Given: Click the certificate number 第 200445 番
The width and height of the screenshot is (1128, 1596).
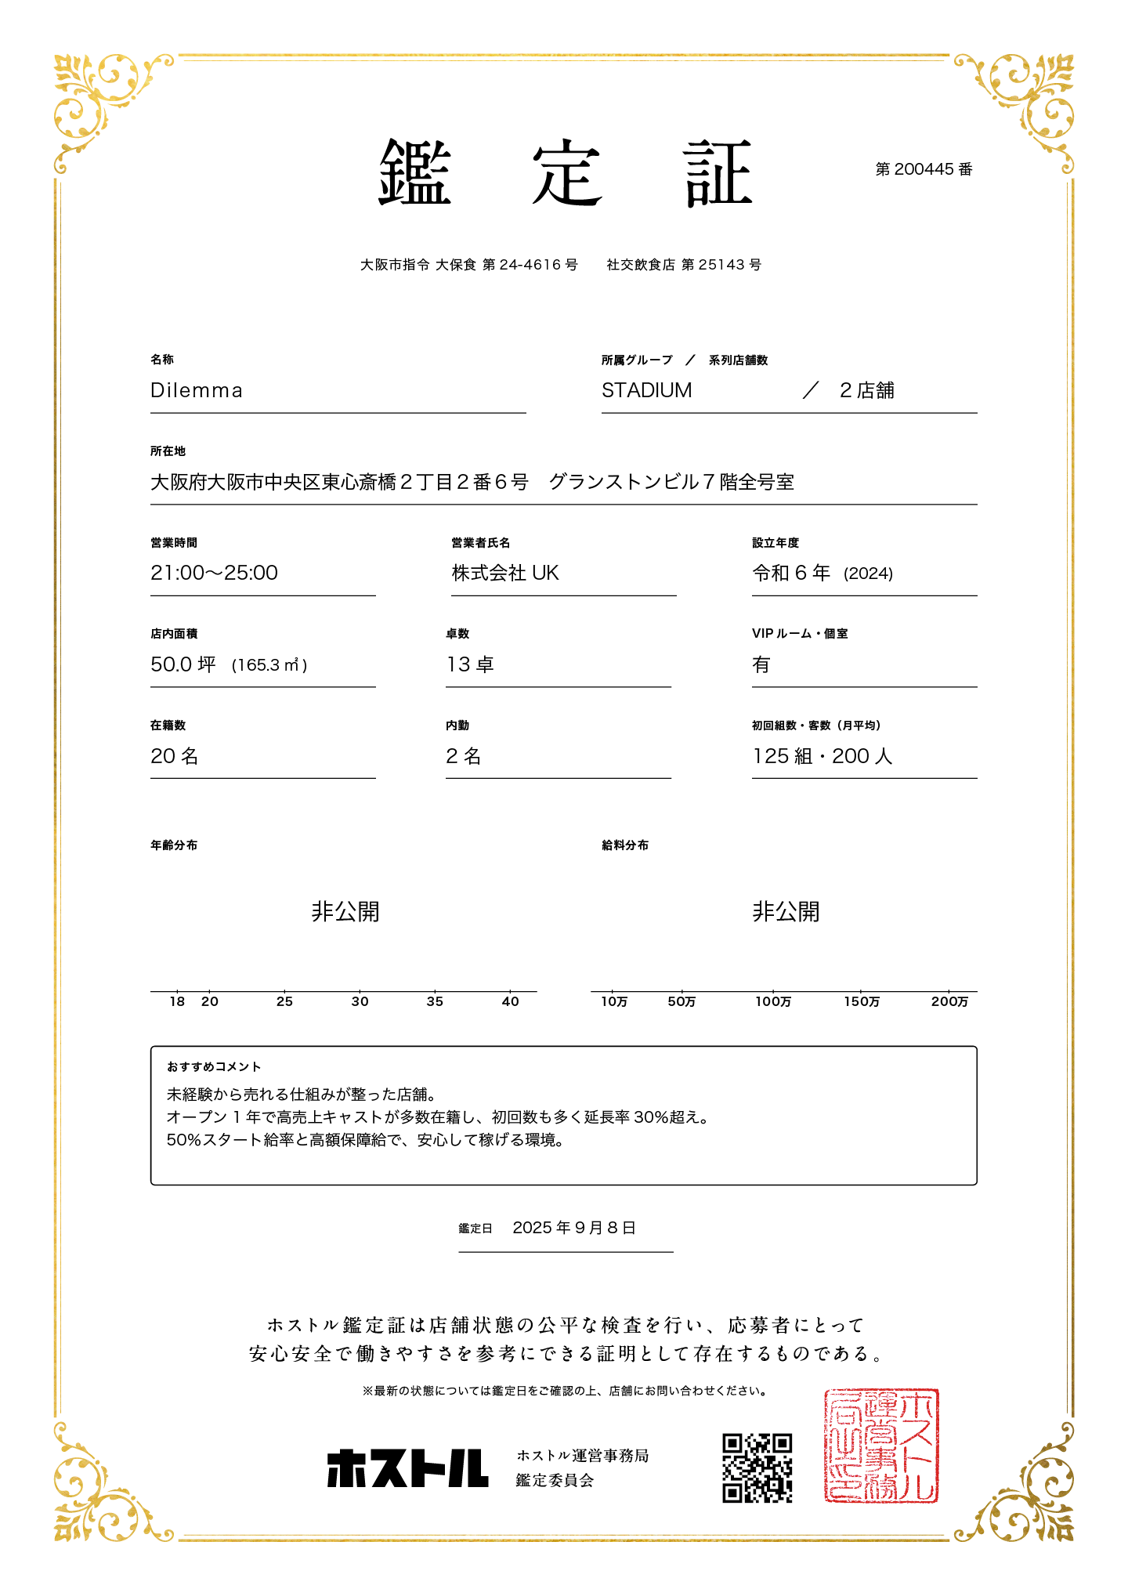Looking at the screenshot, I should [924, 169].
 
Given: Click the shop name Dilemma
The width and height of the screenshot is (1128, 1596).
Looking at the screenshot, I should [197, 390].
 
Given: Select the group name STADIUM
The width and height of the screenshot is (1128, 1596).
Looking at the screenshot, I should [646, 390].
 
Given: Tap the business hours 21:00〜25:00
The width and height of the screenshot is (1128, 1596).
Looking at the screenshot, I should [214, 573].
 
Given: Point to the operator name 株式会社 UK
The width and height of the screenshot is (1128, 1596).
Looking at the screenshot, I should [505, 573].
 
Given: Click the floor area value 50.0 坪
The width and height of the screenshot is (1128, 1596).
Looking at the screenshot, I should [183, 664].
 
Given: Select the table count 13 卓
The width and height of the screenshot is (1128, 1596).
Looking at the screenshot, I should [470, 664].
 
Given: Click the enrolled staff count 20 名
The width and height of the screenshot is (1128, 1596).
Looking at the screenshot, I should [174, 756].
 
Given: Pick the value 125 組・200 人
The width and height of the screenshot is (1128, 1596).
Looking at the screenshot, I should [822, 756].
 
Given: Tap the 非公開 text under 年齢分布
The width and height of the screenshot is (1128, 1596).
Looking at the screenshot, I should [345, 911].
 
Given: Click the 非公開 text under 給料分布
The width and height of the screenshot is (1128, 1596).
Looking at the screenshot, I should [786, 911].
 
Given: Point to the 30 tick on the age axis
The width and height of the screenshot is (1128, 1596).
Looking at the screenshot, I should [360, 1001].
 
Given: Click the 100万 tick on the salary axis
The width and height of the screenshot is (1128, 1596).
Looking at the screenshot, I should [773, 1001].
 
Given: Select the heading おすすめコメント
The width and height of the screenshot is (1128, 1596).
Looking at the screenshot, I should [214, 1066].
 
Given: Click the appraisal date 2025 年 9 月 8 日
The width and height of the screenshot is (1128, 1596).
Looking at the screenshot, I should [574, 1228].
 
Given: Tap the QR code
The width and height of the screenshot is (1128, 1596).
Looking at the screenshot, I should [757, 1468].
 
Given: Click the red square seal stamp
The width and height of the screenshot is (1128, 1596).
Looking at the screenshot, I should [881, 1446].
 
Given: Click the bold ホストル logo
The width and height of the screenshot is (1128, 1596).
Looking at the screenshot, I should [407, 1468].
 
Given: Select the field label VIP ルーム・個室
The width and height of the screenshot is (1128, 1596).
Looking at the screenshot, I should [800, 633].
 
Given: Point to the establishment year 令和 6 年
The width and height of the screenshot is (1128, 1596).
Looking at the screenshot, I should [791, 573].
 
